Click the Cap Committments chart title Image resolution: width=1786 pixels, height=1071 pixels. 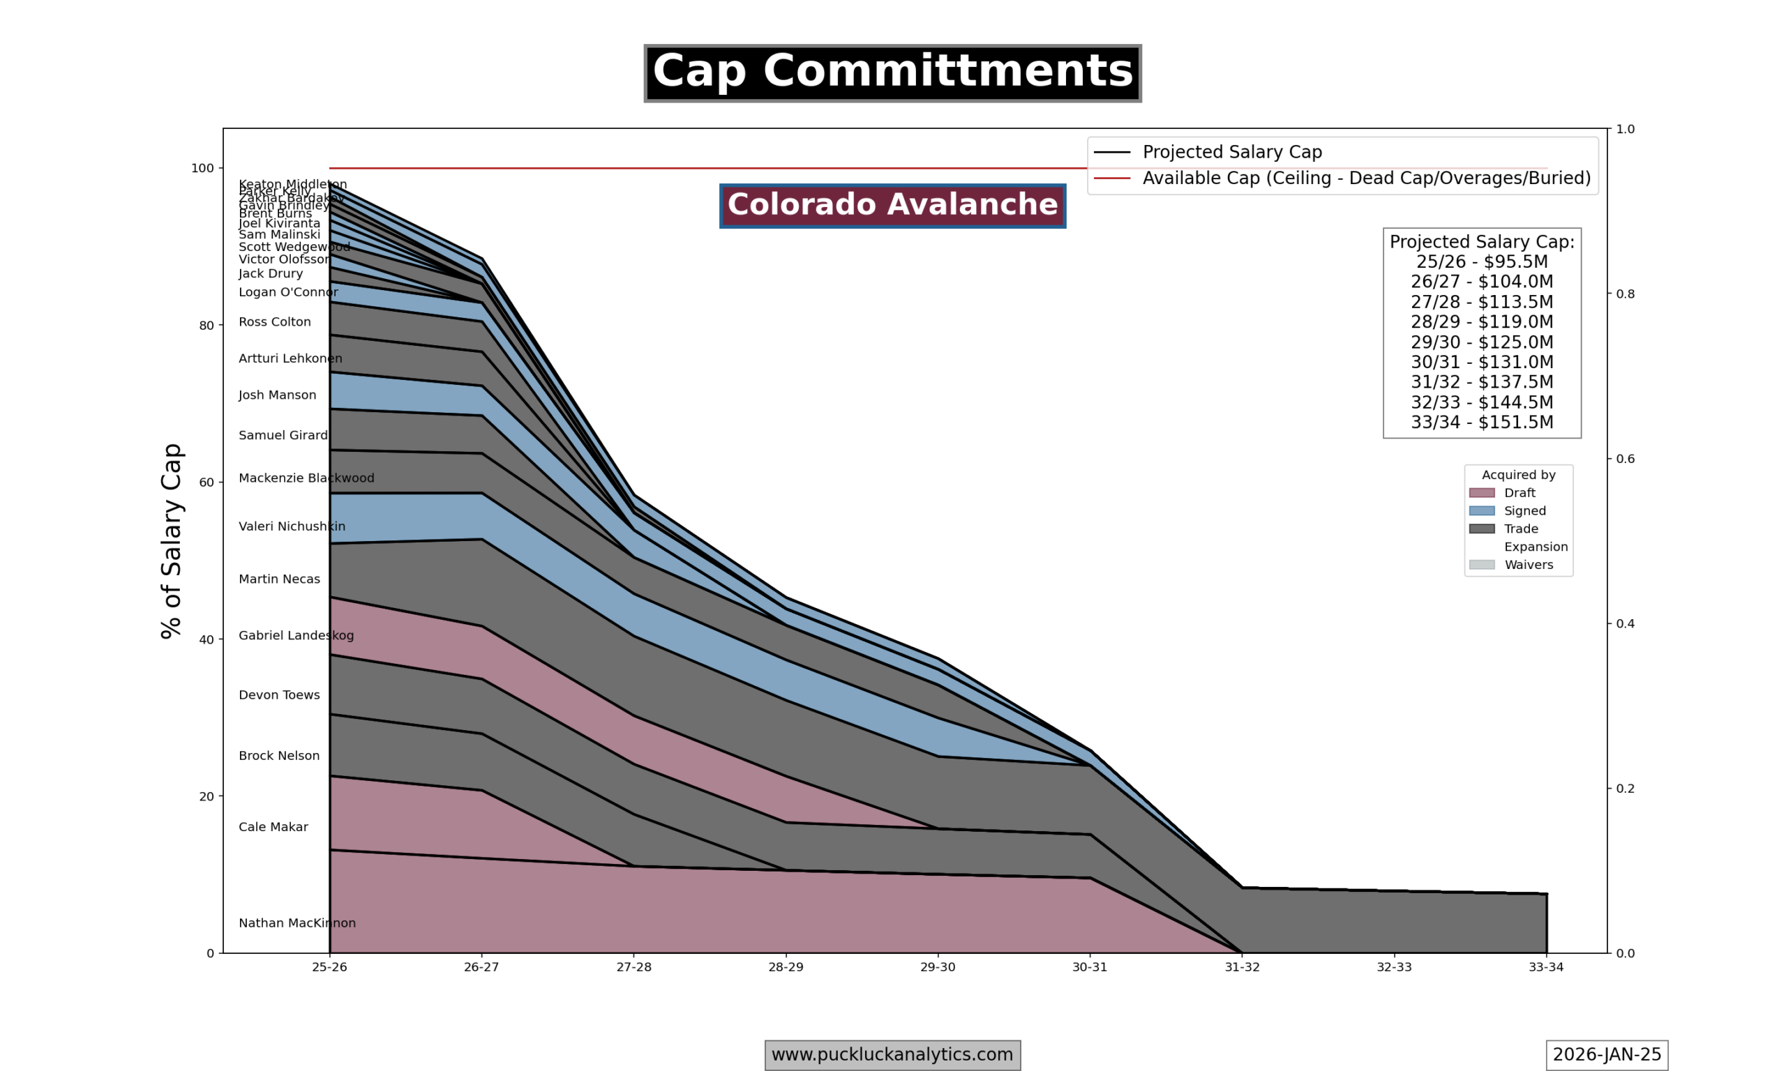coord(892,73)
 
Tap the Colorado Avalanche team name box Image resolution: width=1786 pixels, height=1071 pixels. coord(892,206)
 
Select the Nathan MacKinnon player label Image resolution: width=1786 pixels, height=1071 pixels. coord(297,923)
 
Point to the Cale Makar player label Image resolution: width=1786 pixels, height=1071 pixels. coord(273,827)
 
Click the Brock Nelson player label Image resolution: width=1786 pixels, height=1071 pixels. coord(278,756)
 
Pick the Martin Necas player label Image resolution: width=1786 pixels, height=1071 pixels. coord(278,579)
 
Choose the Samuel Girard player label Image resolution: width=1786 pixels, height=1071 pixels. coord(283,435)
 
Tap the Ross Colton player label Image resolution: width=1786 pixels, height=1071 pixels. coord(274,322)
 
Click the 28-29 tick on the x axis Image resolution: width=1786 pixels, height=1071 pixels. coord(786,967)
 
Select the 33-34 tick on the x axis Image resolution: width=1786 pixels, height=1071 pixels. coord(1545,967)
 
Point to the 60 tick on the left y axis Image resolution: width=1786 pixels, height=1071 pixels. coord(207,482)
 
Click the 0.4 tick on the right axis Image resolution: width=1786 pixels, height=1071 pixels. coord(1624,623)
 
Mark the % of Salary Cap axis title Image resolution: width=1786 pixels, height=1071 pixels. coord(172,540)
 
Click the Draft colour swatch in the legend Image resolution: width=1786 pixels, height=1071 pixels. coord(1481,493)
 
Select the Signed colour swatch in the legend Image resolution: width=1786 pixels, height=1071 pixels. coord(1481,511)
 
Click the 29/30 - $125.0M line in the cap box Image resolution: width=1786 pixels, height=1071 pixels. coord(1481,342)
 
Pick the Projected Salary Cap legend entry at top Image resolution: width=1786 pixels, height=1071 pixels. coord(1231,152)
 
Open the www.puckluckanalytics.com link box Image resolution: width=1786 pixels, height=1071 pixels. coord(892,1055)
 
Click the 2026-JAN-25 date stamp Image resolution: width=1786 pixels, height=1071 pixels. coord(1606,1055)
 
